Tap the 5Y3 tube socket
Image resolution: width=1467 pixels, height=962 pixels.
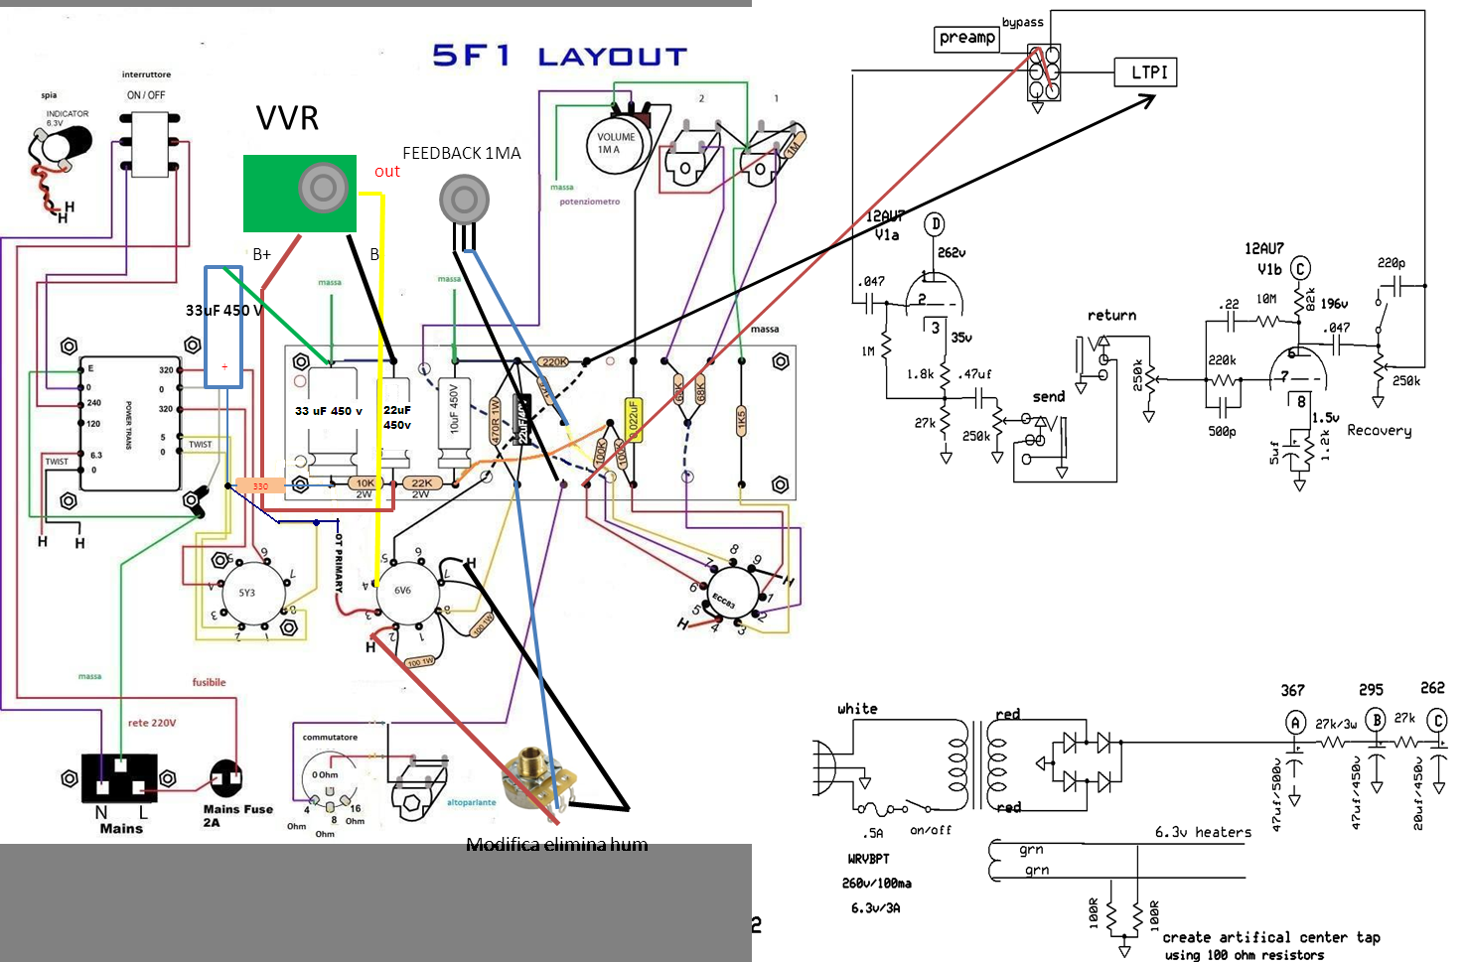(246, 593)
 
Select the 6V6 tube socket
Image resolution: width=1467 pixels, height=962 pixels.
(402, 591)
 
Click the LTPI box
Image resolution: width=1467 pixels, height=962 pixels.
(1149, 72)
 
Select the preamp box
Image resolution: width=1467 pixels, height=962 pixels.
(966, 38)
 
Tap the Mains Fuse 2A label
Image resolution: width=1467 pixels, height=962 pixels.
(237, 815)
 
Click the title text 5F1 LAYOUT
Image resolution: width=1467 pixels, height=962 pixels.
(559, 56)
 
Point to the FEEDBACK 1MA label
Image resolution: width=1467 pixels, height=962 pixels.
(461, 153)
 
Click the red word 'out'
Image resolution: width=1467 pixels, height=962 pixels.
(387, 172)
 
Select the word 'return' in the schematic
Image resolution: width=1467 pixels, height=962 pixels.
(1111, 316)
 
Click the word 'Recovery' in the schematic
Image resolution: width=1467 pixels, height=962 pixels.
(1379, 430)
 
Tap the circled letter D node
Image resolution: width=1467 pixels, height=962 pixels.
(935, 224)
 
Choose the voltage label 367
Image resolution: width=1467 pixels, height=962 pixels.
(1292, 690)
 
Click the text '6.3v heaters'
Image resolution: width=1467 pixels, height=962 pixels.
(1203, 832)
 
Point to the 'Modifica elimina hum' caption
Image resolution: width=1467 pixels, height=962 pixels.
(556, 845)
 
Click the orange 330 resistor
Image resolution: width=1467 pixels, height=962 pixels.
(260, 486)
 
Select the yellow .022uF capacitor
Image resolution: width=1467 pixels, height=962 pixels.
(632, 420)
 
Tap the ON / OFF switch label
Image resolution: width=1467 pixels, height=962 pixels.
(146, 95)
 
